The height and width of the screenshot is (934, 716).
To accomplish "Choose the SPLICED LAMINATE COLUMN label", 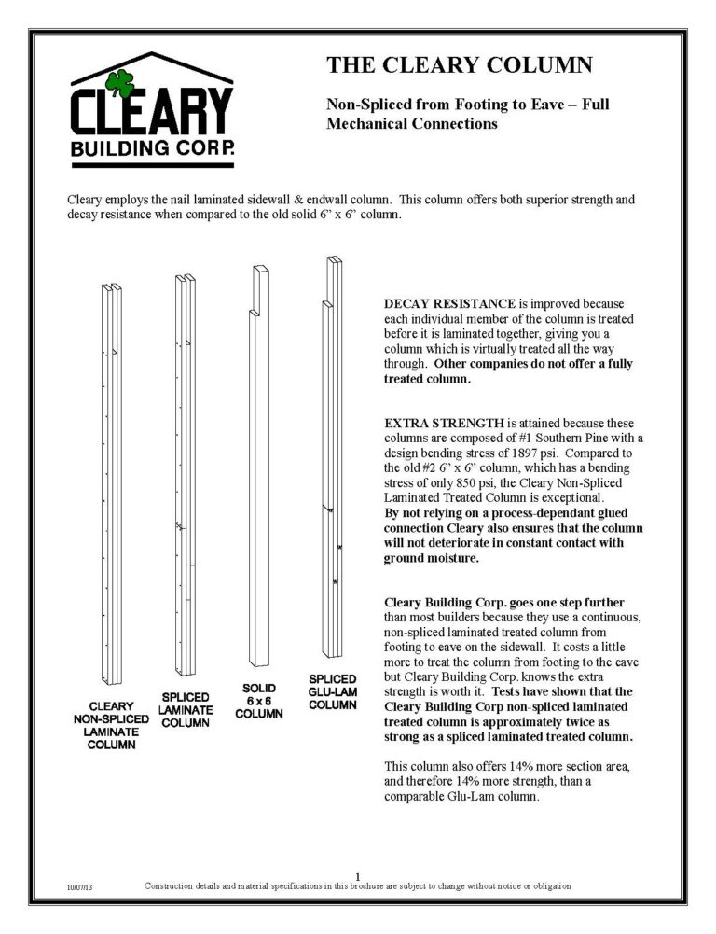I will (x=186, y=709).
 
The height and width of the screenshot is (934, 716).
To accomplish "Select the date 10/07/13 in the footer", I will (x=78, y=885).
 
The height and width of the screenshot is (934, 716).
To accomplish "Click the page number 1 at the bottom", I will (x=358, y=874).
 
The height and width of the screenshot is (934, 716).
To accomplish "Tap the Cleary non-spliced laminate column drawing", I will (x=112, y=485).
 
